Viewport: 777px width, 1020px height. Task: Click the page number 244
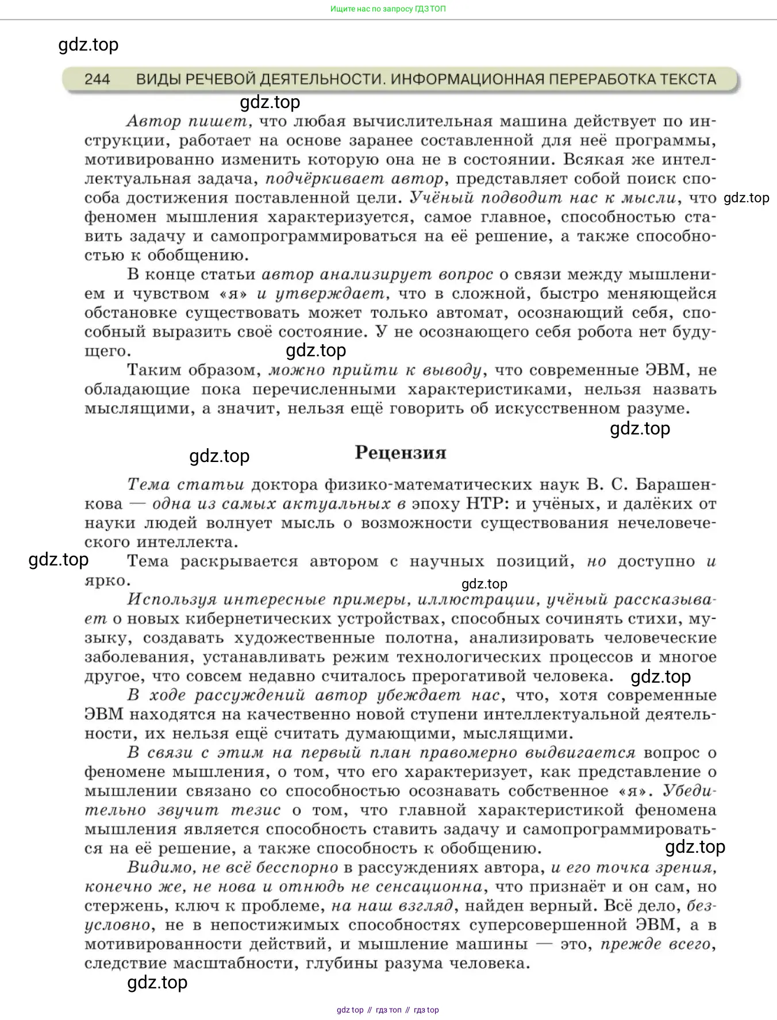click(x=97, y=79)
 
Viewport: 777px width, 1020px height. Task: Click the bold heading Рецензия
click(x=401, y=453)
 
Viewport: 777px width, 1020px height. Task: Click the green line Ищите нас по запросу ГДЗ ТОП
click(x=388, y=9)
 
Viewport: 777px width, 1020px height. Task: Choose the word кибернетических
click(x=248, y=619)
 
